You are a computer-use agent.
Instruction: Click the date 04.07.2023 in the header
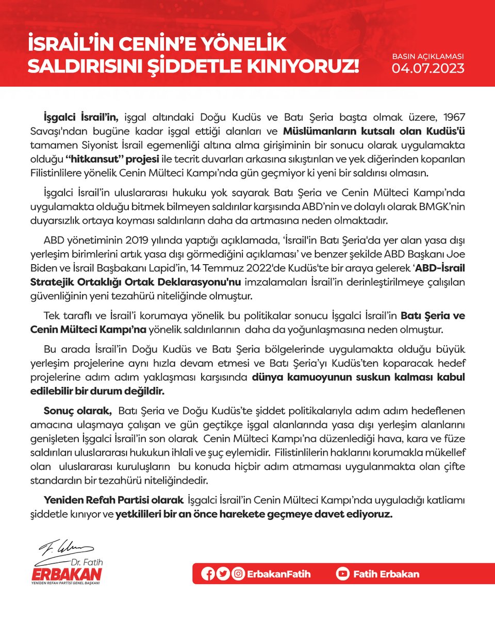(x=428, y=68)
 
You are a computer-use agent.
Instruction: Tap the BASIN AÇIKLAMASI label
(x=428, y=56)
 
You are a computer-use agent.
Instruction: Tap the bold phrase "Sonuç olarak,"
(x=78, y=411)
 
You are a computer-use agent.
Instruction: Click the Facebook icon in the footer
(x=208, y=574)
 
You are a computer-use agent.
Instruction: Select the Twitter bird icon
(x=223, y=574)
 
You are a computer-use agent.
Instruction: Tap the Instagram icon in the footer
(x=238, y=574)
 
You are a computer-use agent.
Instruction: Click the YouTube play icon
(x=342, y=574)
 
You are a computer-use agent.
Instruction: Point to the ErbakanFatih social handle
(x=278, y=574)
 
